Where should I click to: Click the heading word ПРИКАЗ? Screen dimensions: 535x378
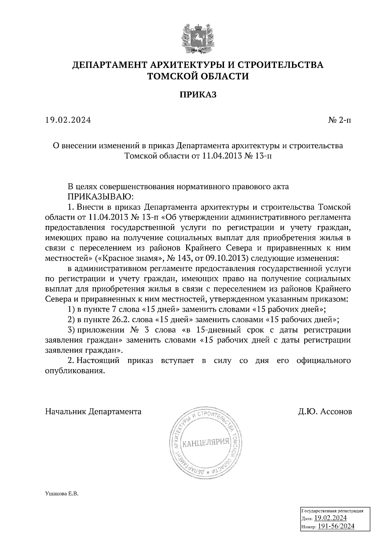pyautogui.click(x=198, y=95)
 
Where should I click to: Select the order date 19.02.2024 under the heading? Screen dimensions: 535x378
pyautogui.click(x=68, y=120)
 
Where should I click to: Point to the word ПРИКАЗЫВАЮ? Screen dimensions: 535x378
pyautogui.click(x=101, y=197)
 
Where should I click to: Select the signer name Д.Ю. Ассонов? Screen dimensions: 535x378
pyautogui.click(x=325, y=411)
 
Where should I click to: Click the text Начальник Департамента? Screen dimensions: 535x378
pyautogui.click(x=94, y=411)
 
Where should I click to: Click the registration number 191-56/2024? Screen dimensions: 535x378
pyautogui.click(x=336, y=526)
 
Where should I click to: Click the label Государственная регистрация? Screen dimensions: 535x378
pyautogui.click(x=333, y=511)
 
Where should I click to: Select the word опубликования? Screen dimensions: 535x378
pyautogui.click(x=75, y=371)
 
